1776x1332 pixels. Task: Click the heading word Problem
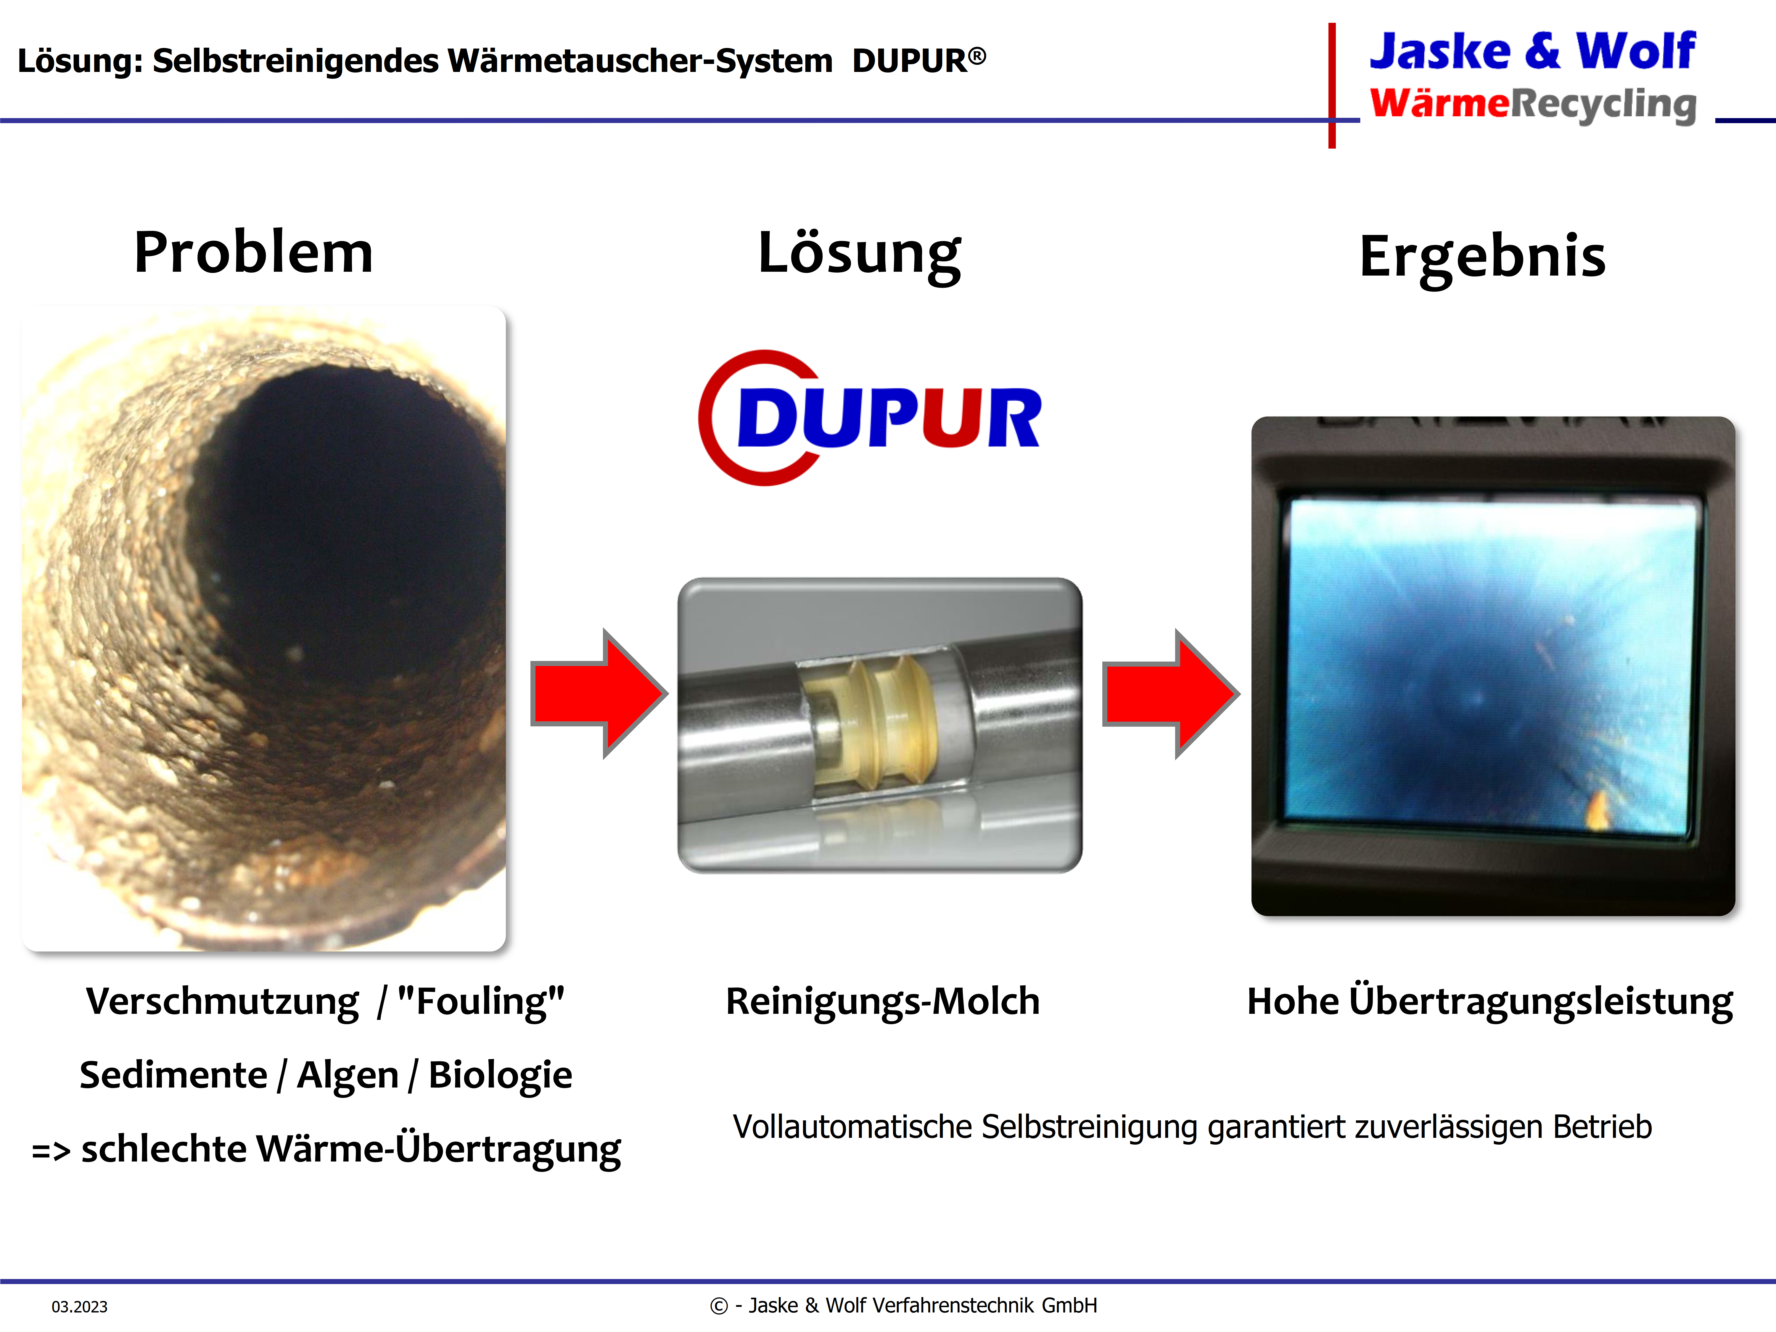point(254,252)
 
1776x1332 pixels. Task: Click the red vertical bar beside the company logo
point(1332,85)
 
